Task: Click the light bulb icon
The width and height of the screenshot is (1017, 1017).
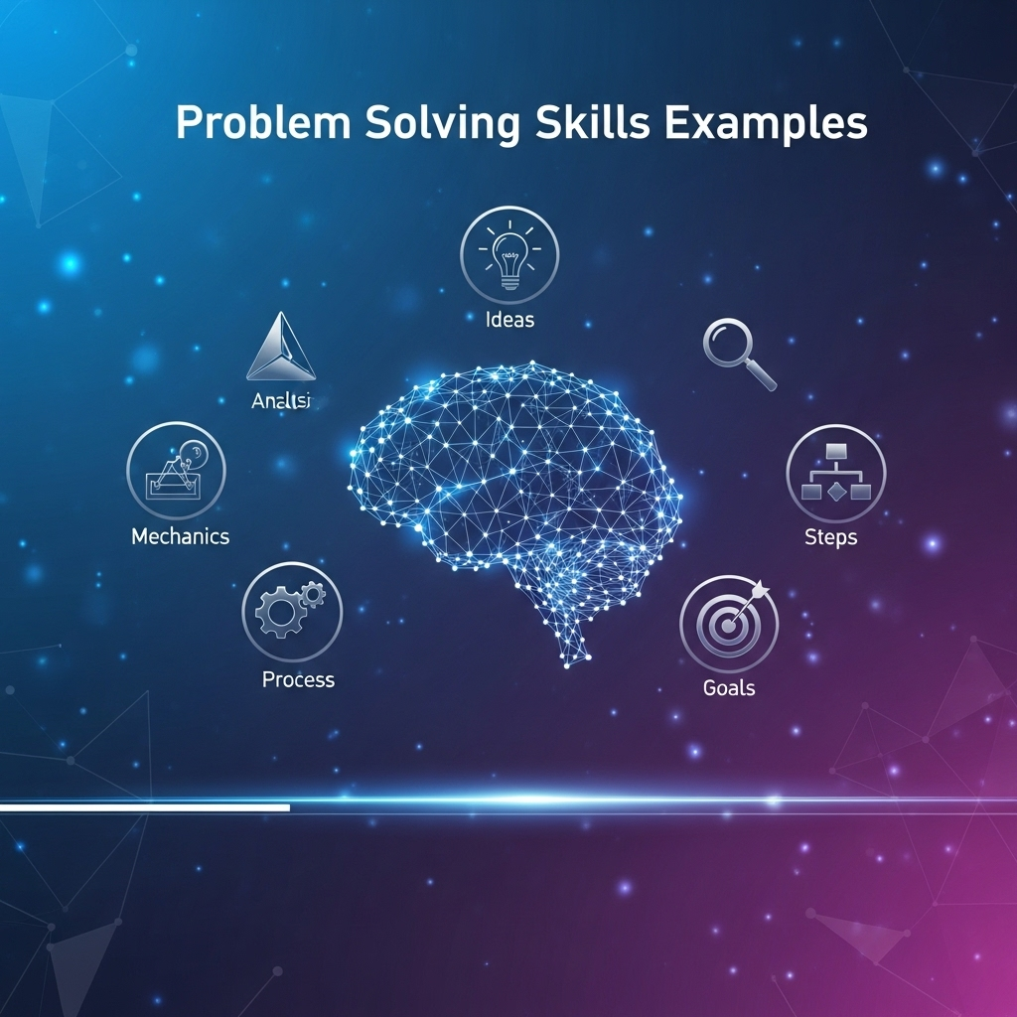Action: coord(509,255)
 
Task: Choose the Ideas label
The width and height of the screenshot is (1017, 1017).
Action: coord(509,320)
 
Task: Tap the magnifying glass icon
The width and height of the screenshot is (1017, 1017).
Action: coord(738,354)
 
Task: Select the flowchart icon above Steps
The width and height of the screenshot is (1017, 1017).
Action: coord(835,473)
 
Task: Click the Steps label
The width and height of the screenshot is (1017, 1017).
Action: coord(830,537)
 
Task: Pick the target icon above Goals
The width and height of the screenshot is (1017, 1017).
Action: coord(730,623)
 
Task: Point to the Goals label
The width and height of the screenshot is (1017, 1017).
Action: coord(729,687)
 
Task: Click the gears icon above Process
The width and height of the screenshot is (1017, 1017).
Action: coord(291,610)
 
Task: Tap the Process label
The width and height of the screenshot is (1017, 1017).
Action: coord(298,680)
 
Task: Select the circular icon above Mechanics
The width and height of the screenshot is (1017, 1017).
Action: coord(177,471)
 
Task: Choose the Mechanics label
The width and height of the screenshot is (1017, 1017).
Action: coord(180,536)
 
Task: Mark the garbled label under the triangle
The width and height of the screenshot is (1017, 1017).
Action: coord(281,401)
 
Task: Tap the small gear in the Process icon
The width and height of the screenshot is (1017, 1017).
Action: coord(313,594)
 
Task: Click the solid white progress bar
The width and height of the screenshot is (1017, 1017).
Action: coord(145,808)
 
